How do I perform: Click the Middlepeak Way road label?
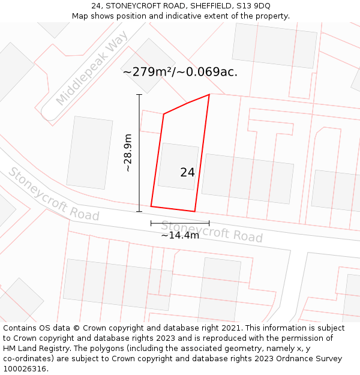(92, 67)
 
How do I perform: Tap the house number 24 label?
(187, 172)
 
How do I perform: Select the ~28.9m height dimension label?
(128, 153)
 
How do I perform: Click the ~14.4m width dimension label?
(179, 235)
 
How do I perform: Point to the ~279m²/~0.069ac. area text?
(180, 72)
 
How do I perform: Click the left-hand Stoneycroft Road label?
(53, 194)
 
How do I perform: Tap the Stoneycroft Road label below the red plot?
(211, 231)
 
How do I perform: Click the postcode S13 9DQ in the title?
(254, 6)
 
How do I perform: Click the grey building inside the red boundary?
(178, 166)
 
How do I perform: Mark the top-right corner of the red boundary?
(209, 95)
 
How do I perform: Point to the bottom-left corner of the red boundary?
(151, 206)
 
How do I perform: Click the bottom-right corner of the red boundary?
(194, 211)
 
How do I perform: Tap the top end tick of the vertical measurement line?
(139, 95)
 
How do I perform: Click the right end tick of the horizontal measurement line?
(209, 223)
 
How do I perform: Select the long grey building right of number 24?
(247, 178)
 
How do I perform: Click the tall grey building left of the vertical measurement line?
(89, 153)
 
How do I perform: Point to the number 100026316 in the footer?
(25, 369)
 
